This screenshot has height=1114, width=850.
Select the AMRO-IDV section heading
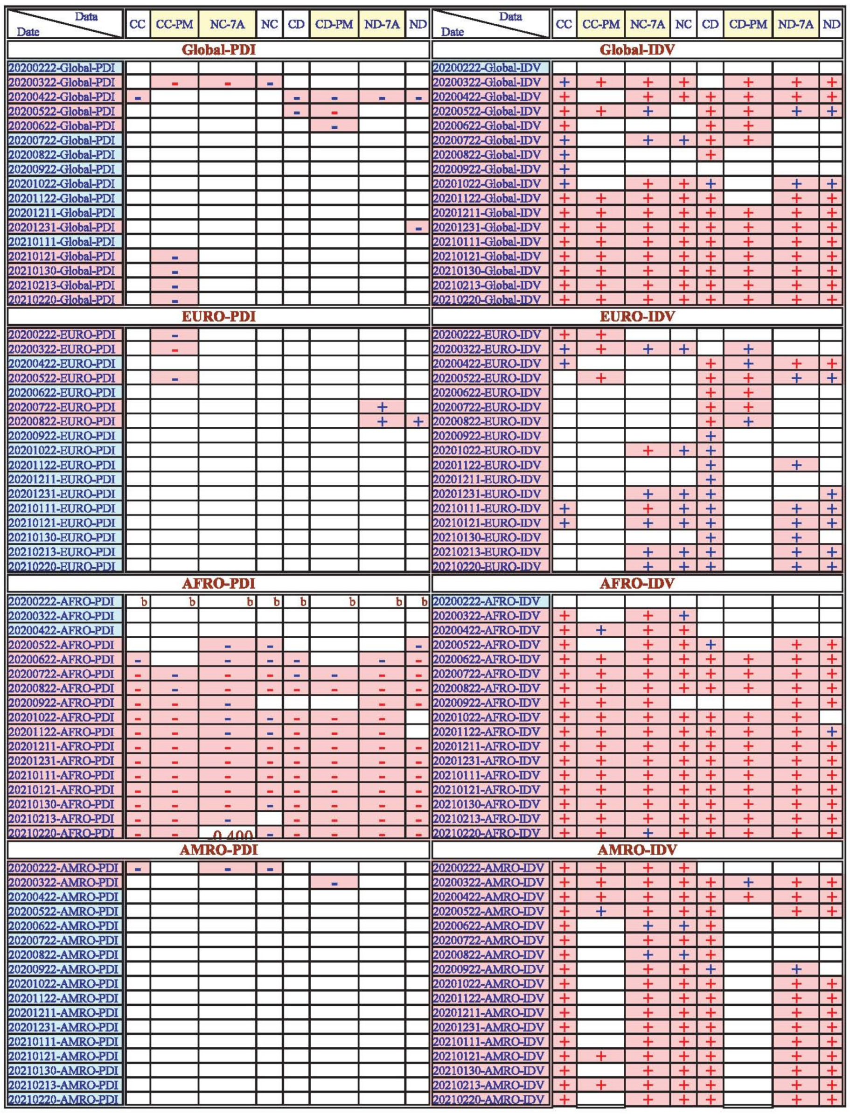click(637, 850)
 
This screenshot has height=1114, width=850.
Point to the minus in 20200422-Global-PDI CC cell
click(138, 97)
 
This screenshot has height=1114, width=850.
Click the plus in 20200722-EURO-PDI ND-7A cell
click(382, 407)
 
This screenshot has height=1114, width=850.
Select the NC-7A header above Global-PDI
click(227, 24)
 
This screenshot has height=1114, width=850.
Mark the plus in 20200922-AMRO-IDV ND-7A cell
click(796, 969)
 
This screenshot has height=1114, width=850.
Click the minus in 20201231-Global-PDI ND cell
click(418, 228)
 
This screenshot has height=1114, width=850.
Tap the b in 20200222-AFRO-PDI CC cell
click(144, 602)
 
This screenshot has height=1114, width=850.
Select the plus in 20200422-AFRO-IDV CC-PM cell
click(600, 630)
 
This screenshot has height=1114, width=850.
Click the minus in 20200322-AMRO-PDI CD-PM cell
click(334, 883)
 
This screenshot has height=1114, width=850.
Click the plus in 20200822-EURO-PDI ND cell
click(418, 421)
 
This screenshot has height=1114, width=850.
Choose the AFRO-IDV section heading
click(637, 583)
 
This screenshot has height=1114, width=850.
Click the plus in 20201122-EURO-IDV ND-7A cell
click(796, 465)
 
